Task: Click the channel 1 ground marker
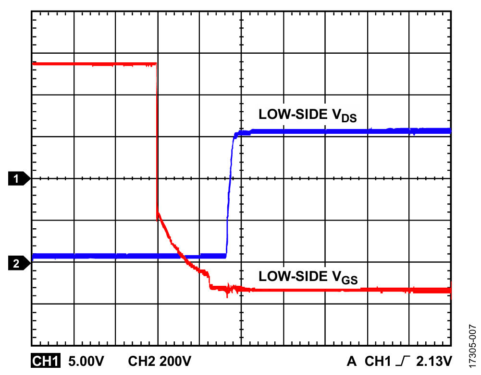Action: [x=18, y=179]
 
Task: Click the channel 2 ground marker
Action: [x=18, y=263]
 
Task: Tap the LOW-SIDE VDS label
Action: [x=308, y=116]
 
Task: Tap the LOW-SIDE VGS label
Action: [x=308, y=278]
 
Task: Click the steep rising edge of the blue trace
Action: [x=229, y=192]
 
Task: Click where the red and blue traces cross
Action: [x=182, y=256]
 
